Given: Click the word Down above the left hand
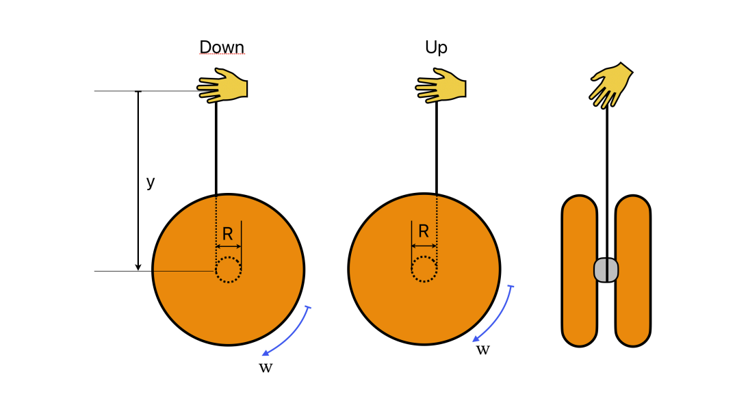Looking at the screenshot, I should point(221,47).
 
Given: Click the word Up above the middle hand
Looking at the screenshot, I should point(436,47).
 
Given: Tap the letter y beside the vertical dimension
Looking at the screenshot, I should point(151,182).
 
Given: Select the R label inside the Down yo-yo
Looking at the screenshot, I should point(228,234).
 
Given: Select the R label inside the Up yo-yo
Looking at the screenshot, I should point(424,231).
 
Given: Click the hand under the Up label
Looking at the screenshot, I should point(441,86).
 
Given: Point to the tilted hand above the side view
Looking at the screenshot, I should point(610,85).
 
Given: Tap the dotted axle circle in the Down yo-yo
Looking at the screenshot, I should point(228,270).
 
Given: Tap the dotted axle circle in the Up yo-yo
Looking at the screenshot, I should point(424,269).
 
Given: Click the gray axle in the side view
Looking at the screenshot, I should point(606,270).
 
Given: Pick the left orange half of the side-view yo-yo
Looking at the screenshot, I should point(579,271).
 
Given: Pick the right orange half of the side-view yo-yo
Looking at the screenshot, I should point(632,271).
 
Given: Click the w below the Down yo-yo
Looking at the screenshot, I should point(266,367).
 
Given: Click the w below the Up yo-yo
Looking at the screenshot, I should point(482,350).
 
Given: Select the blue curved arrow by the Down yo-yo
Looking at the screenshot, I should point(289,334).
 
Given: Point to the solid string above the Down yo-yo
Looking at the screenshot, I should point(216,147).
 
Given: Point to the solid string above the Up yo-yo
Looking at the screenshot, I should point(437,147).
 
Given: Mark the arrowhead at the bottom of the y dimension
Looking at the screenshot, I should point(138,267).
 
